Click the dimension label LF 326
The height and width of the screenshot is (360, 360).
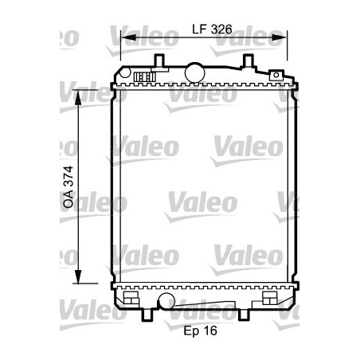(x=211, y=29)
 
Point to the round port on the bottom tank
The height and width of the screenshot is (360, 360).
(x=166, y=300)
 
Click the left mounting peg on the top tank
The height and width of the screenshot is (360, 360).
(x=158, y=61)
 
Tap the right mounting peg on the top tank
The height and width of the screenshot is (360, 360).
(x=248, y=61)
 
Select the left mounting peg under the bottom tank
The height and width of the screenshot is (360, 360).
(x=147, y=315)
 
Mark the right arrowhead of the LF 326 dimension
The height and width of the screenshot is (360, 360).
(x=283, y=37)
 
